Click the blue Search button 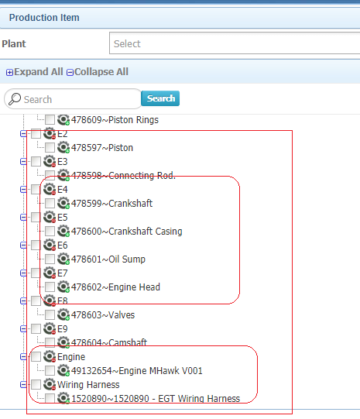(160, 98)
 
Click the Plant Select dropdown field (235, 43)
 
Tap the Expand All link (35, 72)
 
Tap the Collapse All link (98, 72)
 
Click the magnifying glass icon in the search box (15, 99)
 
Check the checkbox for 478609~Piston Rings (50, 120)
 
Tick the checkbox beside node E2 (36, 134)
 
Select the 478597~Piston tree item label (102, 148)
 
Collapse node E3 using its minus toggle (23, 162)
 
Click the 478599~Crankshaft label (111, 204)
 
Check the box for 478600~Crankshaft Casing (50, 231)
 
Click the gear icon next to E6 (50, 245)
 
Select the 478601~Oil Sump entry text (108, 259)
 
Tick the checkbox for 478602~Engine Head (50, 287)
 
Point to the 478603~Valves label (103, 314)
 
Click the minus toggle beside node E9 (23, 329)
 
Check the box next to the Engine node (36, 356)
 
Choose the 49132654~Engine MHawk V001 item (137, 371)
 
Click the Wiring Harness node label (88, 384)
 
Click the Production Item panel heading (44, 18)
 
